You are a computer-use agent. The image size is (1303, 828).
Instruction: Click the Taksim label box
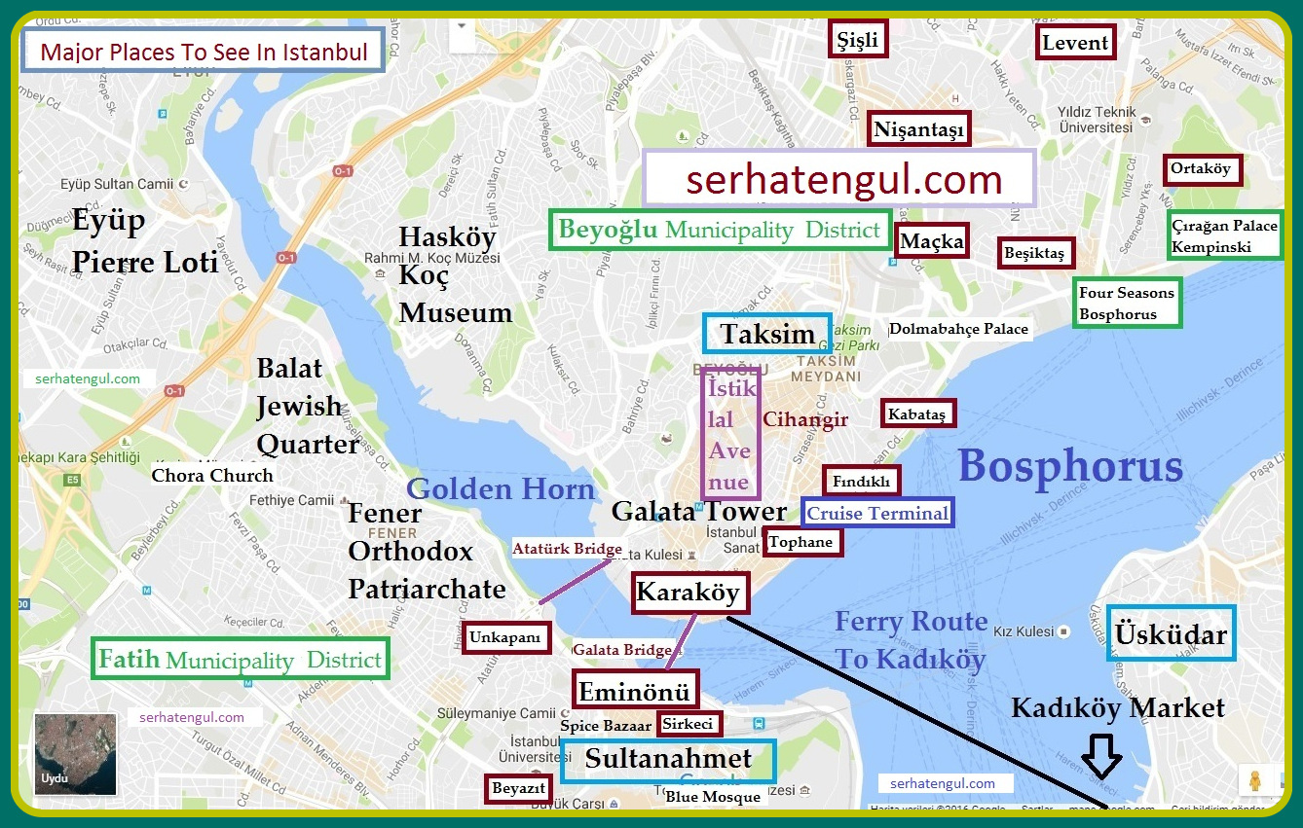[767, 334]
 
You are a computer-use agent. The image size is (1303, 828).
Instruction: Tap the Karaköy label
[689, 593]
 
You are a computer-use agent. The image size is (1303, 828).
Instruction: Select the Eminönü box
[635, 691]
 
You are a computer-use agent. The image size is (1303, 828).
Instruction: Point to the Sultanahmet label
[668, 760]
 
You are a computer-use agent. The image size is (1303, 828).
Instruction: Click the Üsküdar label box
[1171, 633]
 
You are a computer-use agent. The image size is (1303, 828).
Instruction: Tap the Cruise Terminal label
[877, 513]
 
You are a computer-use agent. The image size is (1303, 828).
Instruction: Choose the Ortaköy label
[1201, 169]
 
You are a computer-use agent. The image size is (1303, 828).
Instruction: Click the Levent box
[1075, 43]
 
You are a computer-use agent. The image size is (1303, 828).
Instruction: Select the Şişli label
[858, 40]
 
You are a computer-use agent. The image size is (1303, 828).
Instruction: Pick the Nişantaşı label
[919, 128]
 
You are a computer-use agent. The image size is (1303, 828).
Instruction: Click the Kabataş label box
[916, 414]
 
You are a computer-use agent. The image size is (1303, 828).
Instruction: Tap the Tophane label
[801, 542]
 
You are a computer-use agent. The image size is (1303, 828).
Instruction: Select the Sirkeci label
[689, 724]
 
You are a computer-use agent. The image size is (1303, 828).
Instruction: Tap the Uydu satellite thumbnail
[75, 754]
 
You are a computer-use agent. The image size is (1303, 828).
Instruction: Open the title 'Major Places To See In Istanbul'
[203, 52]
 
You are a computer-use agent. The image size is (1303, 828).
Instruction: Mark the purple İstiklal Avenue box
[729, 433]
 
